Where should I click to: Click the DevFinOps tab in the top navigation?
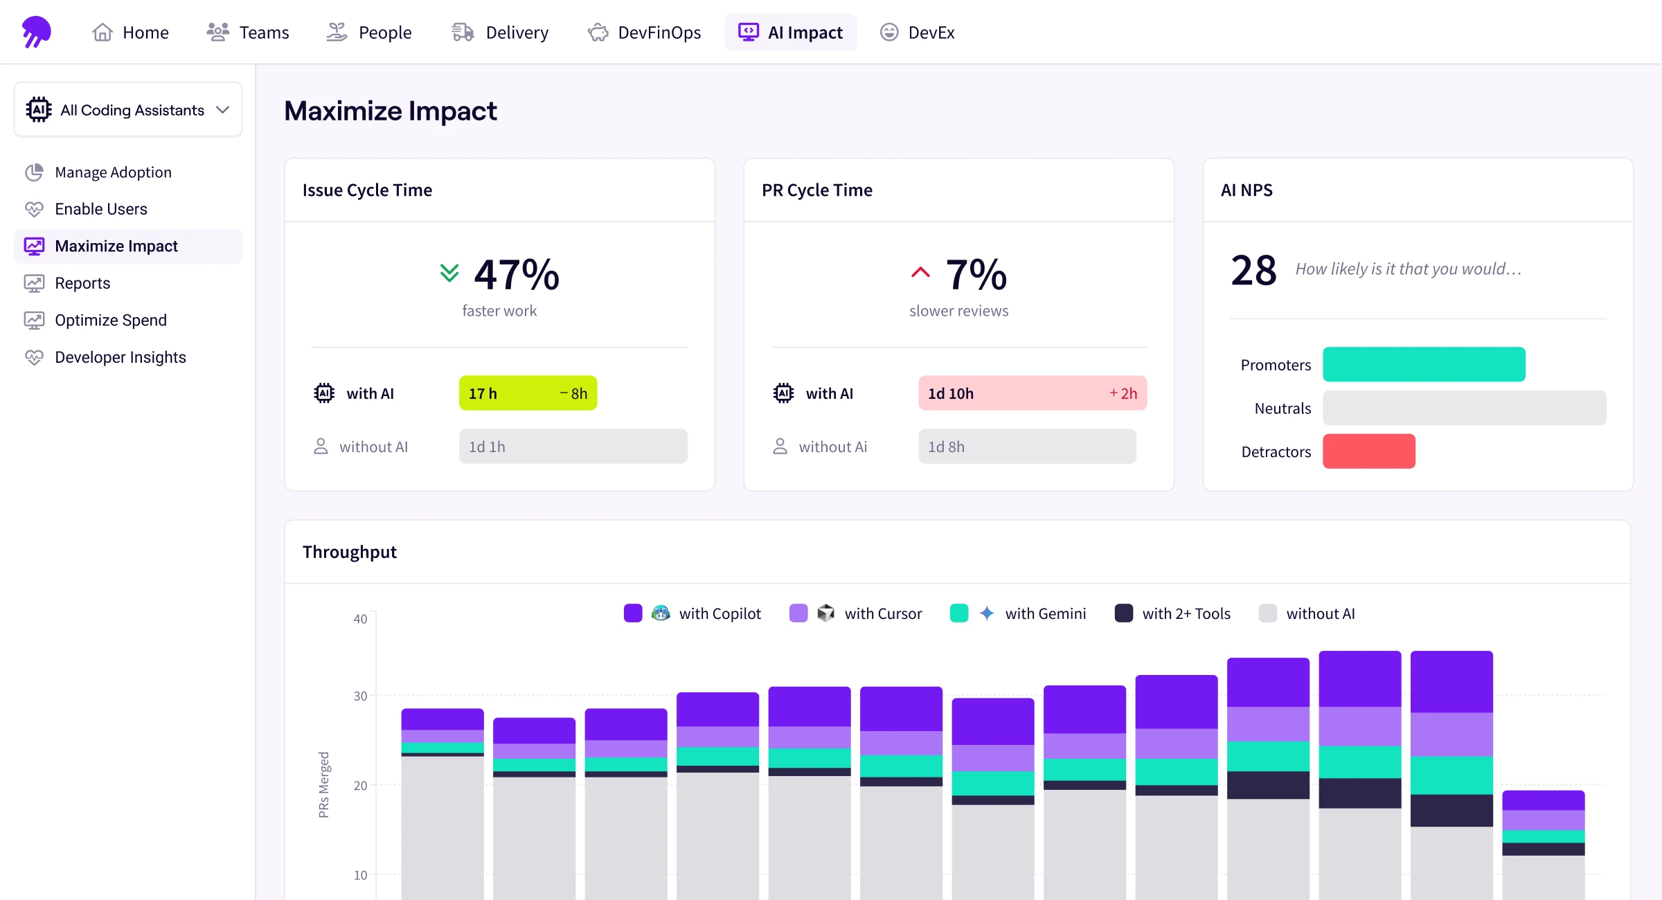tap(644, 33)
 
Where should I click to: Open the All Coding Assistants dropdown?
tap(128, 110)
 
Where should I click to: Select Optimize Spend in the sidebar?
tap(110, 321)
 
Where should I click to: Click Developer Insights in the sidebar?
tap(120, 357)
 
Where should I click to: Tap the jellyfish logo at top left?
tap(36, 32)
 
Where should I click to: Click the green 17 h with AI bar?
tap(527, 393)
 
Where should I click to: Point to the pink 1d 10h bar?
tap(1032, 393)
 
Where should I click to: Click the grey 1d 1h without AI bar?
tap(573, 447)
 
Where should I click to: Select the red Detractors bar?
tap(1368, 451)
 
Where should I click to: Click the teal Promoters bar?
tap(1423, 364)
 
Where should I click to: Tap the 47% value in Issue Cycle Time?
tap(517, 274)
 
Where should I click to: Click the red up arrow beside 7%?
tap(920, 272)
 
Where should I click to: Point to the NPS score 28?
tap(1253, 270)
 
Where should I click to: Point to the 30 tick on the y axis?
tap(360, 696)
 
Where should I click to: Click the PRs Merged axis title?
tap(323, 784)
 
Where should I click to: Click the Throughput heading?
tap(350, 552)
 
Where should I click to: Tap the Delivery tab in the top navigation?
tap(499, 33)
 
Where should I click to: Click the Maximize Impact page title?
tap(391, 111)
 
